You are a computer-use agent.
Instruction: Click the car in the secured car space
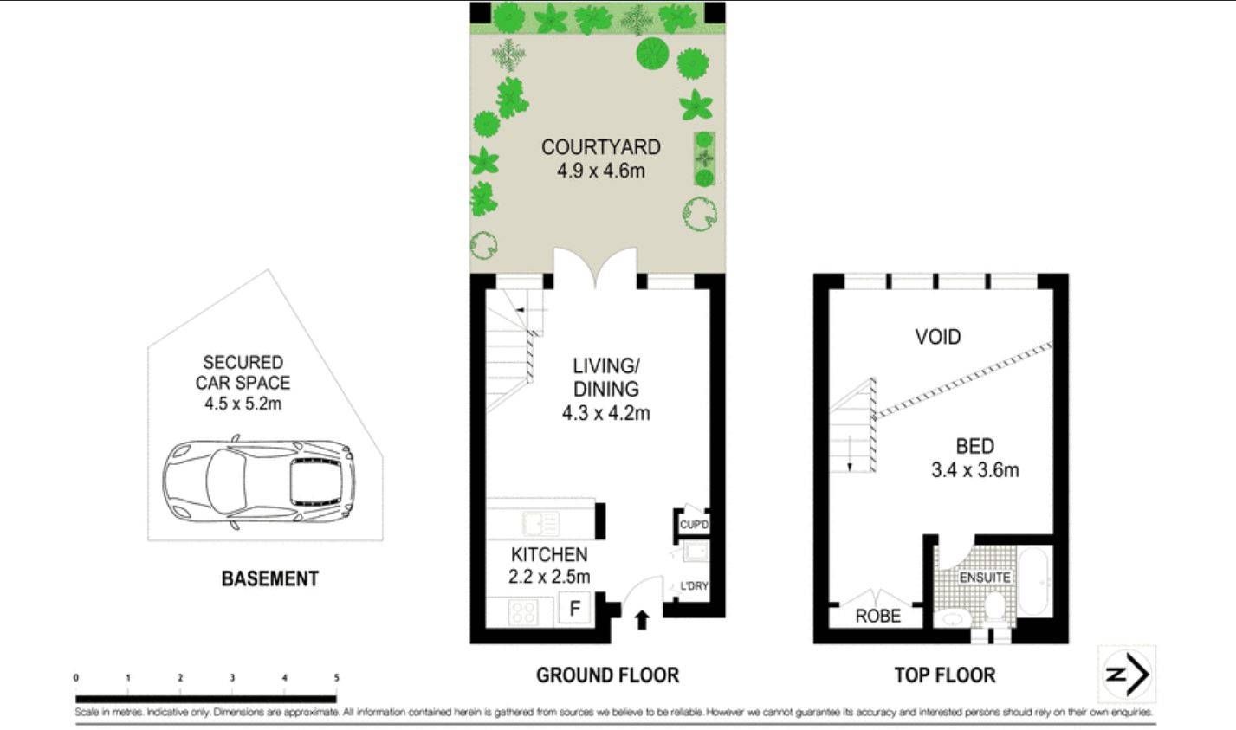[259, 481]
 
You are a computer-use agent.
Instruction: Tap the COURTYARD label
[600, 147]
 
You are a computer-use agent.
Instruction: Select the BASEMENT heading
[269, 578]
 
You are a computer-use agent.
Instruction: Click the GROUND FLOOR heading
[606, 675]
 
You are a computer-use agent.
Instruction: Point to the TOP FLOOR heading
[944, 675]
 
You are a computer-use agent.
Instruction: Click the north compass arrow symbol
[1126, 674]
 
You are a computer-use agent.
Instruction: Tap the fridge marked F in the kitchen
[573, 609]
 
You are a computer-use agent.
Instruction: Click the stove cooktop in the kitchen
[522, 612]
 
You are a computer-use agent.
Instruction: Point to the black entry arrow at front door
[642, 620]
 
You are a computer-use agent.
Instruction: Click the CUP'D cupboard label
[694, 525]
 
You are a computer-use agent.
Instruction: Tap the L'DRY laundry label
[694, 586]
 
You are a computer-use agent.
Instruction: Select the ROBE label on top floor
[877, 617]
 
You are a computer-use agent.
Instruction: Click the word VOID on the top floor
[938, 336]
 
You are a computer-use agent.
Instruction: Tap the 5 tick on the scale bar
[336, 678]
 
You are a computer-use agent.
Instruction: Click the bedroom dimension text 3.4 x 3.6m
[974, 470]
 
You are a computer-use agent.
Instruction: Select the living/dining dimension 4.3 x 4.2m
[605, 413]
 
